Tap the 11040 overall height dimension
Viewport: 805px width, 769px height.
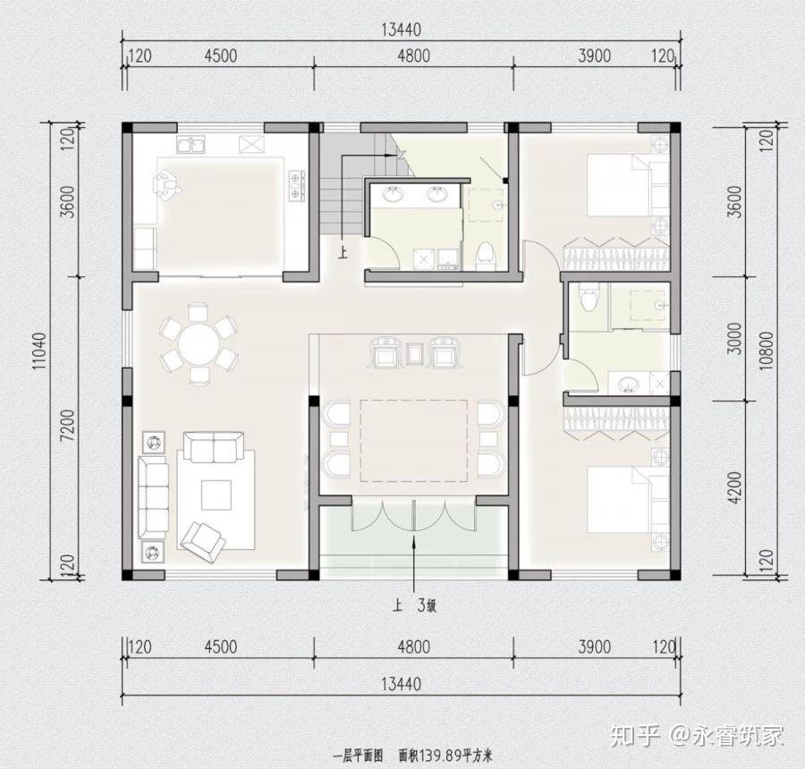point(40,351)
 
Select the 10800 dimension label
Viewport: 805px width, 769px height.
point(765,351)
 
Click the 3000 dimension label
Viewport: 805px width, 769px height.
point(736,338)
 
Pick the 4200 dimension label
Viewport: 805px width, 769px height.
point(736,486)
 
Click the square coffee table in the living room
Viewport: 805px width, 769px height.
point(216,494)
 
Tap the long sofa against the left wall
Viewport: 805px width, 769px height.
point(153,496)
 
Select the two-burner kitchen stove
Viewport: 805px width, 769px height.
point(296,185)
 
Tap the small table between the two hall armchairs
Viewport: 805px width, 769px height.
point(414,354)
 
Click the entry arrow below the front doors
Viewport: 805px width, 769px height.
point(414,565)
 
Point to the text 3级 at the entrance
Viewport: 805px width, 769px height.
point(427,606)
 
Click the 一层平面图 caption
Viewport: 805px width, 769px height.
point(358,756)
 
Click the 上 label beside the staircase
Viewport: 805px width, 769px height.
point(343,252)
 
